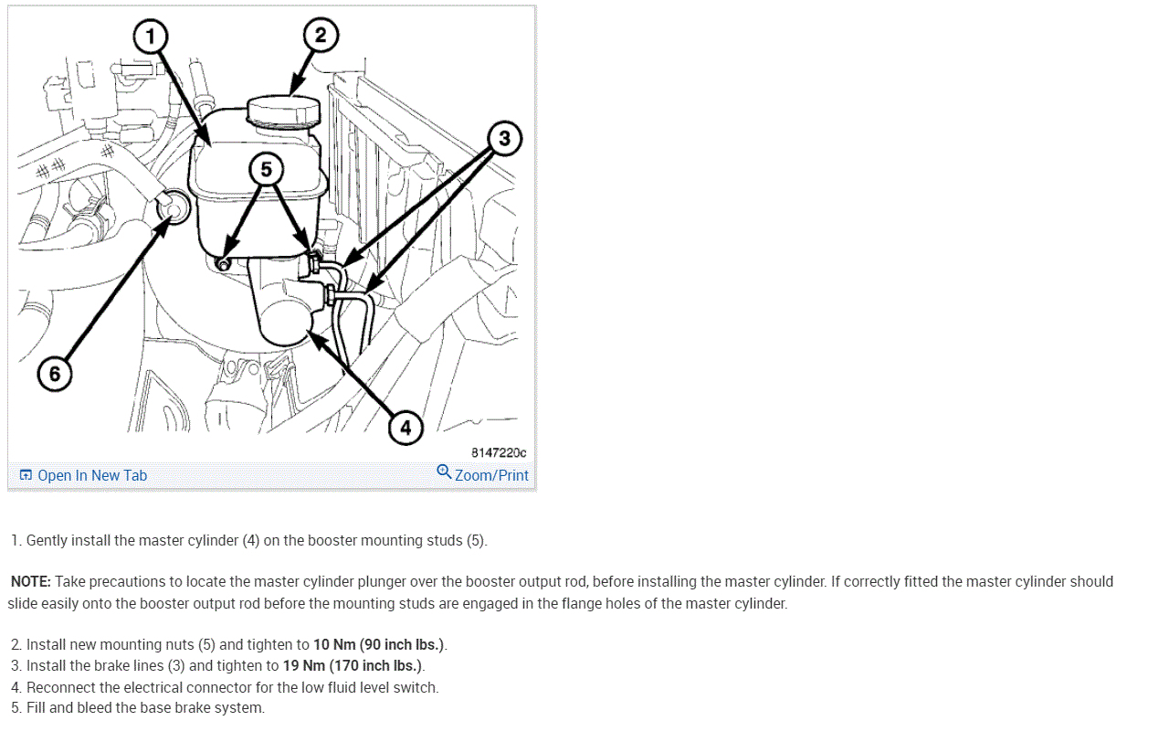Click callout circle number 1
[151, 37]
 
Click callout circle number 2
[320, 36]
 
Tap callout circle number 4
[405, 427]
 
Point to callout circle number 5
[266, 169]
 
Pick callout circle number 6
[54, 374]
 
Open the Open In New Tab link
[91, 475]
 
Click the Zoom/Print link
[491, 475]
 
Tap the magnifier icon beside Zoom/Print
[444, 472]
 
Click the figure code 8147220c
[499, 452]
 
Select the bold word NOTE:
[31, 582]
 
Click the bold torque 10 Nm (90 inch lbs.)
[379, 645]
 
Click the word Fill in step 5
[37, 708]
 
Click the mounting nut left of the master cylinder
[223, 263]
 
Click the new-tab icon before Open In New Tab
[26, 475]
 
